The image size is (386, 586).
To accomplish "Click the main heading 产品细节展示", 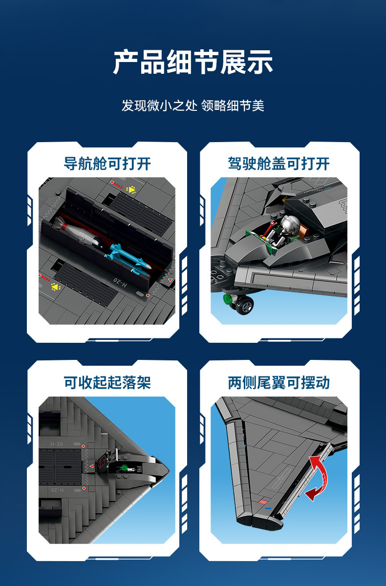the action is [193, 62].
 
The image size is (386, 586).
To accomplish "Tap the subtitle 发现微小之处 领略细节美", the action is [193, 105].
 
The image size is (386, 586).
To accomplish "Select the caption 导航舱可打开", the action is [107, 164].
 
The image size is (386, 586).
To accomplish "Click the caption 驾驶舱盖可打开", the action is [279, 164].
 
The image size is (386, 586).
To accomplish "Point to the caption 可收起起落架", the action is [107, 383].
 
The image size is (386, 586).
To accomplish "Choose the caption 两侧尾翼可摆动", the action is [279, 383].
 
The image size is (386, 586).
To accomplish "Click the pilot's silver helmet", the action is [289, 224].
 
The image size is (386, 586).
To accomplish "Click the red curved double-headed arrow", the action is [318, 479].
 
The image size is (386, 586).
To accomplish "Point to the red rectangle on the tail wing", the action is [263, 502].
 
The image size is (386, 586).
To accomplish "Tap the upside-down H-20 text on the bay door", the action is [120, 283].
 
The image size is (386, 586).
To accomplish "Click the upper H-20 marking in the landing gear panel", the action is [57, 444].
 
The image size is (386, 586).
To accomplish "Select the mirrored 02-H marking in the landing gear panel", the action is [57, 490].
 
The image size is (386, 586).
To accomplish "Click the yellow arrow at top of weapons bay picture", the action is [131, 189].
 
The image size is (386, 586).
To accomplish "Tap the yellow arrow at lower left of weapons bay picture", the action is [55, 287].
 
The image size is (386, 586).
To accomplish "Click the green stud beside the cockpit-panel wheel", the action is [227, 299].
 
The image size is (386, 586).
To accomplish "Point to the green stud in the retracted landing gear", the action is [125, 467].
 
